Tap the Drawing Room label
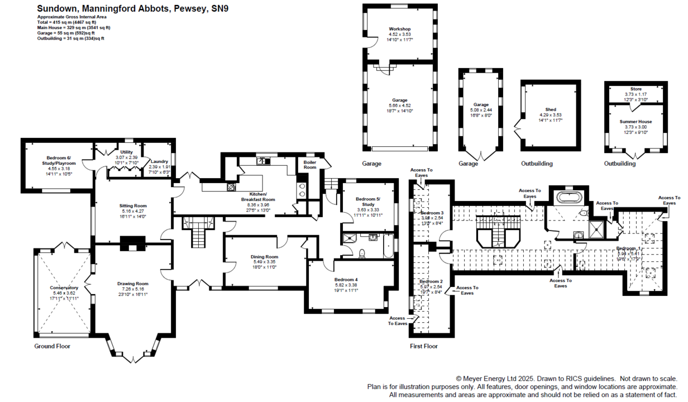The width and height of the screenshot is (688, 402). click(133, 284)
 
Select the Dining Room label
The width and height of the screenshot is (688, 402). click(265, 257)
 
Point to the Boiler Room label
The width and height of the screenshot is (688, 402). click(310, 165)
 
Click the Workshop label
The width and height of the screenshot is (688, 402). click(400, 29)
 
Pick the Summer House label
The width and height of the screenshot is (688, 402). click(636, 121)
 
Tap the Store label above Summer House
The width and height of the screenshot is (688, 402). click(636, 89)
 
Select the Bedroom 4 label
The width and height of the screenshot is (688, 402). click(346, 279)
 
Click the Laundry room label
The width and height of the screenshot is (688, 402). click(159, 161)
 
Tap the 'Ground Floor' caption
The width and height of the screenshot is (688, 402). click(52, 346)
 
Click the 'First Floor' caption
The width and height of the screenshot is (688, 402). click(424, 346)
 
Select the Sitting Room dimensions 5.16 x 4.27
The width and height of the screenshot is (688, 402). click(133, 212)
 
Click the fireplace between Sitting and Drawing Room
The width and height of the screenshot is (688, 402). click(132, 242)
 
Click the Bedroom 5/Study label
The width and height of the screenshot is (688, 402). click(369, 202)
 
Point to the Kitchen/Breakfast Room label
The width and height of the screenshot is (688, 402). click(258, 197)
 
